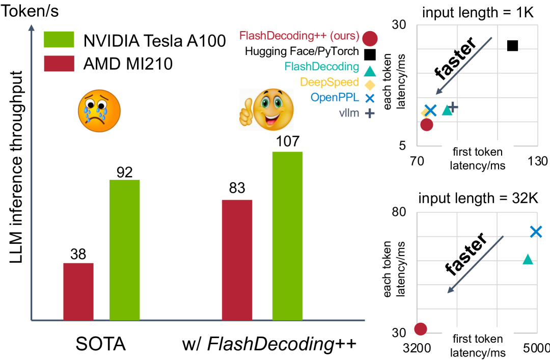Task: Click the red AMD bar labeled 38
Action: coord(78,291)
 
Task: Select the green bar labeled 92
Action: coord(125,250)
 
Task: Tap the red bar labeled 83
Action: coord(237,260)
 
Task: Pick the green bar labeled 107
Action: coord(288,236)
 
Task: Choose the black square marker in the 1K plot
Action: coord(512,46)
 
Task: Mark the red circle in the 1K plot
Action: coord(427,124)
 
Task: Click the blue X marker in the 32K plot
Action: coord(536,232)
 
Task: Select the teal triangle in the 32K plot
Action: coord(528,260)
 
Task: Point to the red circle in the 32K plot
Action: coord(421,328)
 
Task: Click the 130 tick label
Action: coord(538,161)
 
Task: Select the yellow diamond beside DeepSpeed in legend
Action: coord(370,84)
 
